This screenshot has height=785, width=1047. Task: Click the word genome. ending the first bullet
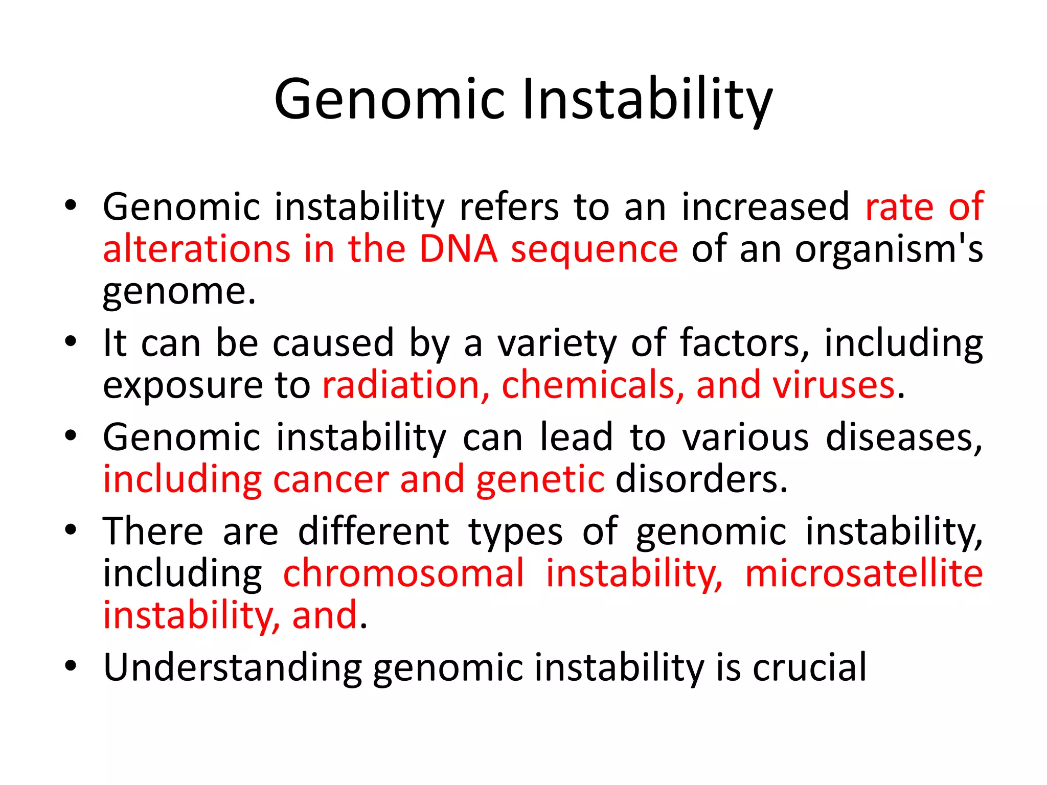[x=179, y=292]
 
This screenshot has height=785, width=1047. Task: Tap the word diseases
[x=904, y=437]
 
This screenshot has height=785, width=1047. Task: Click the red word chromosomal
[x=404, y=573]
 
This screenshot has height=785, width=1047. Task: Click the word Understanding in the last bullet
[x=233, y=667]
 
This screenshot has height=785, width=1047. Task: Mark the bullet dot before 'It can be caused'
[x=71, y=341]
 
